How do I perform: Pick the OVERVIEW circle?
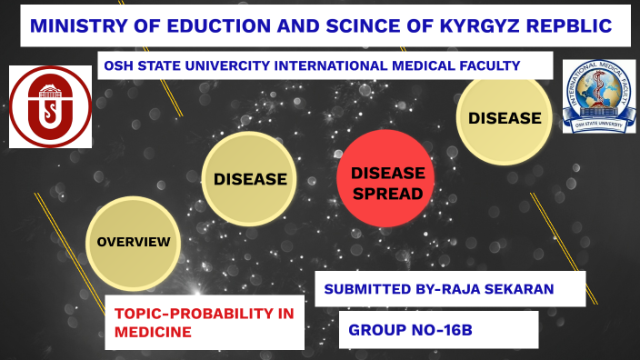click(x=134, y=242)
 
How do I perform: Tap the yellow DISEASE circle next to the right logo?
click(x=505, y=118)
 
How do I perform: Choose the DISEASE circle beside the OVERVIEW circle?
click(x=250, y=179)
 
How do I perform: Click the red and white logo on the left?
click(x=50, y=106)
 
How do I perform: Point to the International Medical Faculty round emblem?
click(x=598, y=96)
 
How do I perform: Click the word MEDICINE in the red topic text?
click(x=153, y=333)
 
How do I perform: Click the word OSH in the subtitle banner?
click(x=118, y=65)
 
